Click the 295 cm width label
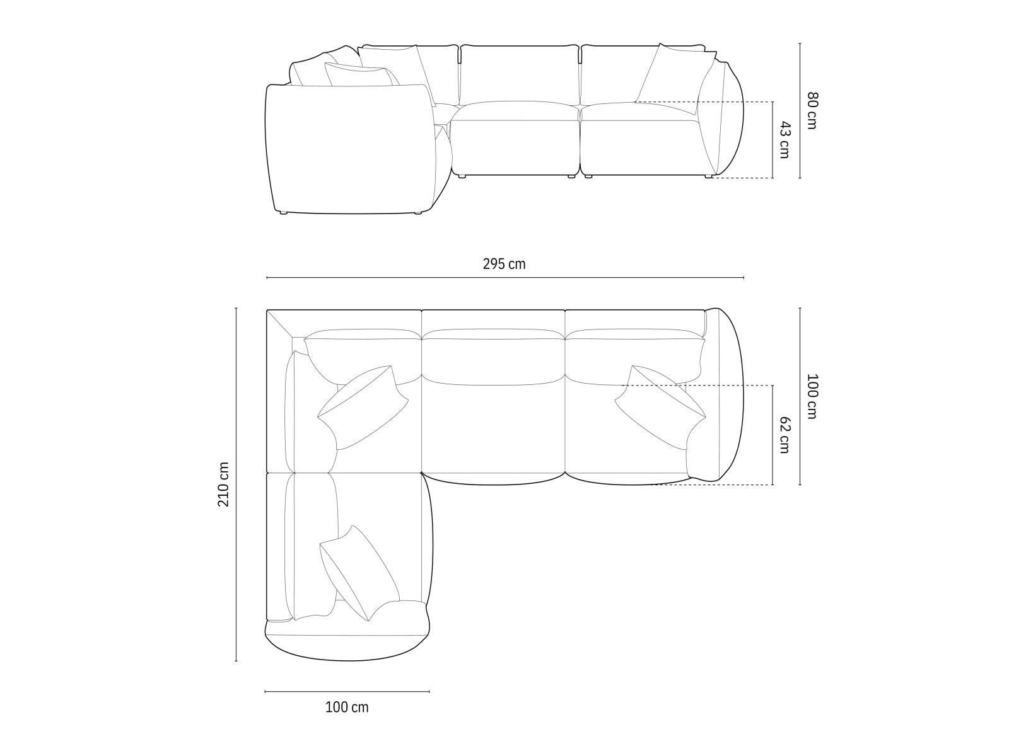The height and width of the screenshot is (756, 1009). [504, 264]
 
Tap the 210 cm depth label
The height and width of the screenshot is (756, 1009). [223, 484]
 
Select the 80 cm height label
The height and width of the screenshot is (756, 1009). [812, 110]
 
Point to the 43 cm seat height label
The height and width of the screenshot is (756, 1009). [784, 140]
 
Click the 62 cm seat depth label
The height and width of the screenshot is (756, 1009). [784, 434]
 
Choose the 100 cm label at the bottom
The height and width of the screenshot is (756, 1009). [347, 707]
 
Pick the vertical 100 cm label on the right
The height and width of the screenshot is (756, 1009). [812, 396]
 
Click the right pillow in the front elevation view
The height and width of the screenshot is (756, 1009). [675, 76]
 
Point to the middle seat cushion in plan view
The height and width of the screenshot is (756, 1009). [493, 428]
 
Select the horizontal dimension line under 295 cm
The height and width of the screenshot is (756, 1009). [504, 277]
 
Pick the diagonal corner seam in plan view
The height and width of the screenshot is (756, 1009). [281, 324]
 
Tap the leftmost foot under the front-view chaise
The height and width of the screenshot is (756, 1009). [283, 214]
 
